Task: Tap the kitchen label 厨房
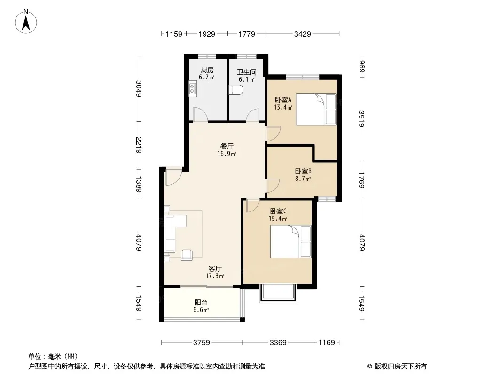pos(207,70)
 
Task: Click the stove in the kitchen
pos(192,89)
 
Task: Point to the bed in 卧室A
pos(316,109)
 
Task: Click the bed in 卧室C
pos(290,242)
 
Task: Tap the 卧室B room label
pos(303,171)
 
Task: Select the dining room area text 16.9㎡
pos(227,154)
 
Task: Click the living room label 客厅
pos(215,269)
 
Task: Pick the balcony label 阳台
pos(201,303)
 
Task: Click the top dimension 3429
pos(302,34)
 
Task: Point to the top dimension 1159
pos(174,34)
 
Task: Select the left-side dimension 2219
pos(139,145)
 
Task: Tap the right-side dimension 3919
pos(361,118)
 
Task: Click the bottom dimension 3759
pos(201,343)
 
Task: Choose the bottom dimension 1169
pos(327,343)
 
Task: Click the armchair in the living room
pos(187,255)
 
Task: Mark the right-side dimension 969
pos(361,66)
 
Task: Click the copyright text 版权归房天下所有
pos(400,367)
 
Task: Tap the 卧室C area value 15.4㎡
pos(278,219)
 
